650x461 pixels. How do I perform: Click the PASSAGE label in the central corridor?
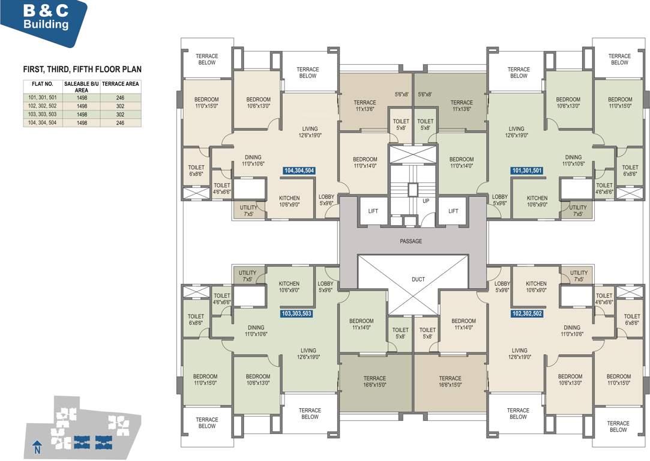(x=411, y=241)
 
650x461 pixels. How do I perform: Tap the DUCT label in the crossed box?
(x=418, y=279)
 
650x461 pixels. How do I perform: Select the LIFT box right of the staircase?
(x=453, y=211)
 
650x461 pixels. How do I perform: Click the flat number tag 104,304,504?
(x=299, y=170)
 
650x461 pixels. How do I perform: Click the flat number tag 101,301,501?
(x=527, y=170)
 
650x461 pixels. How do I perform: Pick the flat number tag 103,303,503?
(x=296, y=313)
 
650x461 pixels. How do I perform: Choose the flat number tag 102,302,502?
(x=528, y=313)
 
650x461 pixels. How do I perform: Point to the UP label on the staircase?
(x=426, y=201)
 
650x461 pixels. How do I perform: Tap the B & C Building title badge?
(x=46, y=18)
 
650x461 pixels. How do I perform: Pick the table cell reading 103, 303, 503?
(x=42, y=114)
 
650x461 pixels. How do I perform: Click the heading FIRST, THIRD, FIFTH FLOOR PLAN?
(x=82, y=70)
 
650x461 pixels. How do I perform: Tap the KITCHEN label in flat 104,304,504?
(x=289, y=201)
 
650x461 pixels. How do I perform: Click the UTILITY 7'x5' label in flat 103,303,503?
(x=247, y=276)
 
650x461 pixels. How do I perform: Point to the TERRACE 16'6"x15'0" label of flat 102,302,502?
(x=450, y=382)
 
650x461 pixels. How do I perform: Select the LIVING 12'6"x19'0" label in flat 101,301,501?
(x=516, y=132)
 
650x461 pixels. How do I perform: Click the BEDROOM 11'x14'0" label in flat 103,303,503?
(x=361, y=324)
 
